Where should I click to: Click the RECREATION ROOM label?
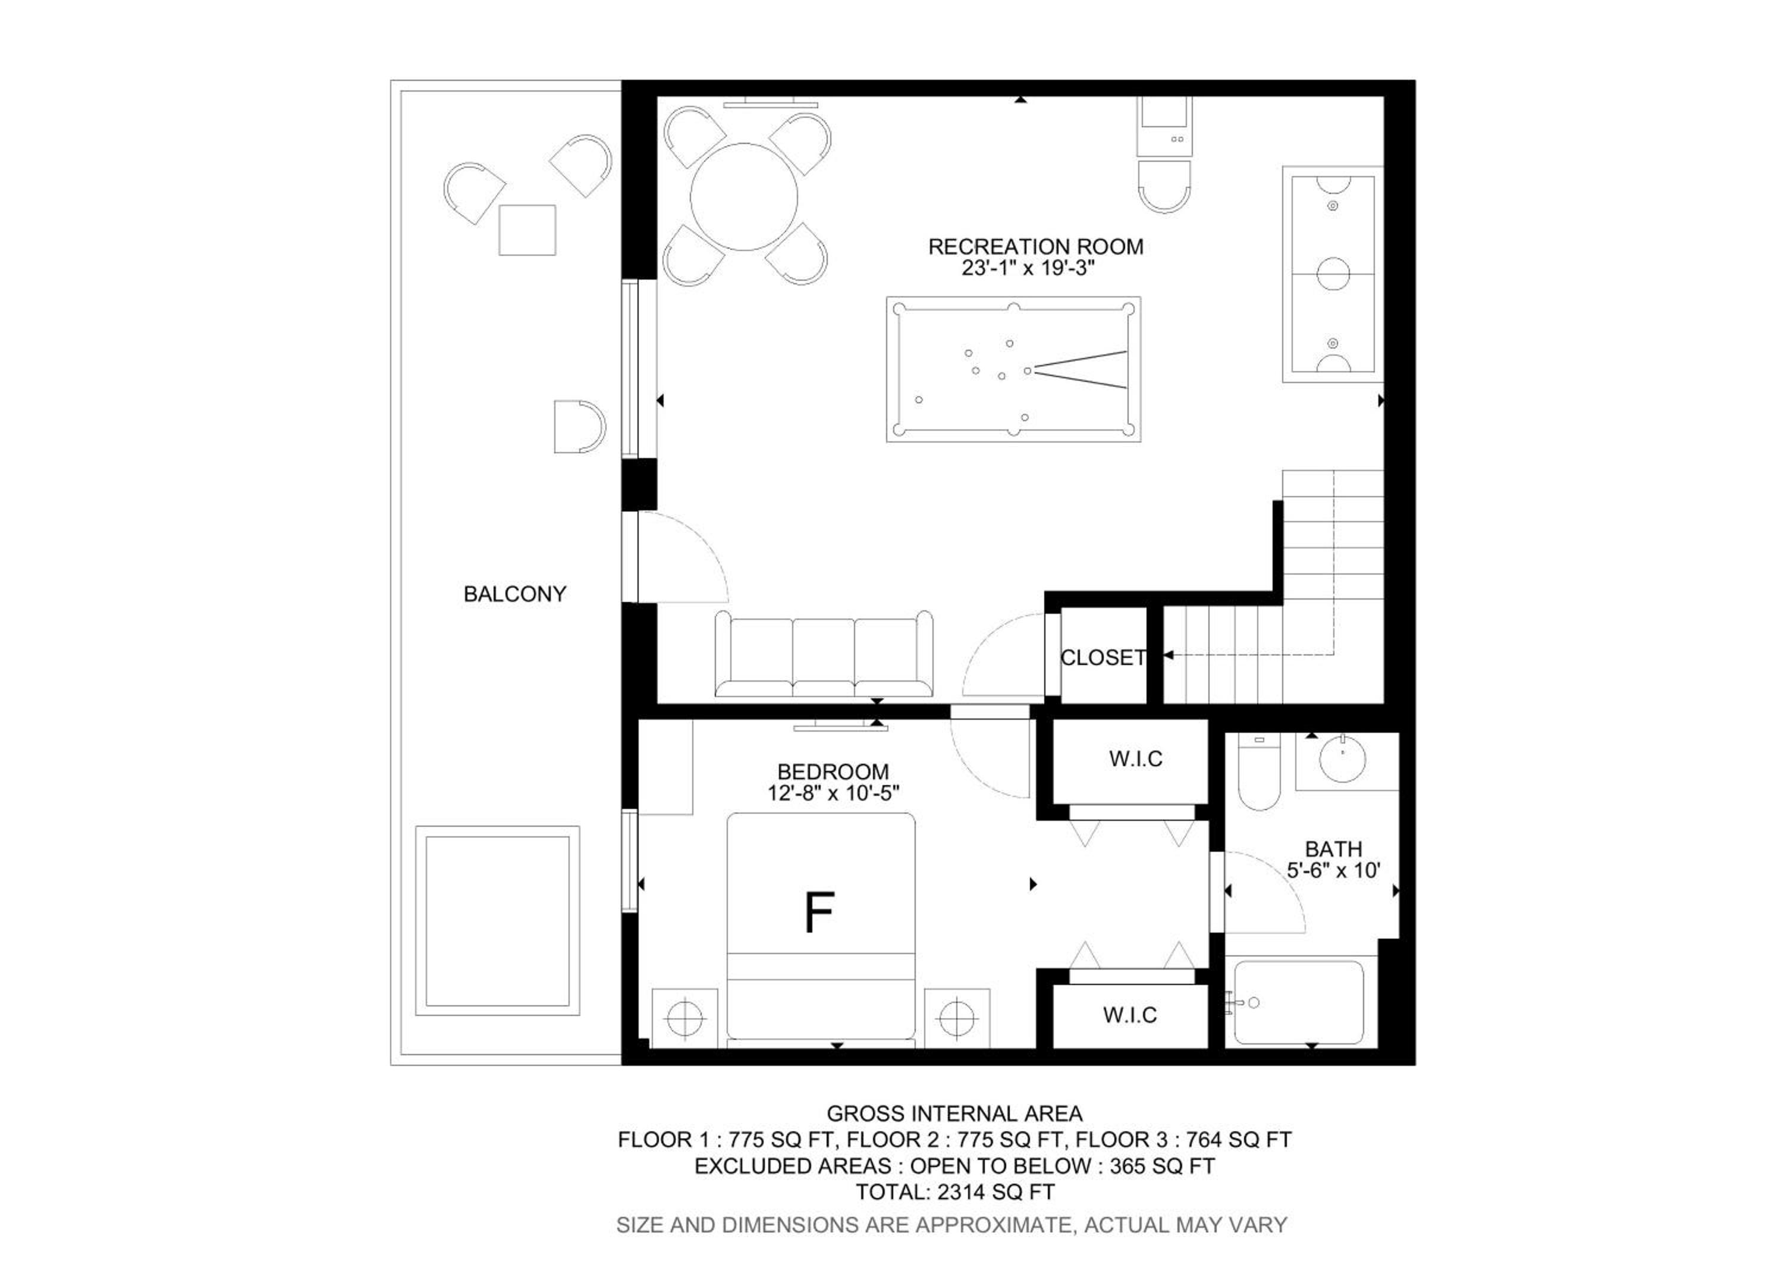(x=1036, y=247)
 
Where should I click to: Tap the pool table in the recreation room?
(x=1013, y=369)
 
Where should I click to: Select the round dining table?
(x=743, y=196)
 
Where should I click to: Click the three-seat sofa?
(x=824, y=654)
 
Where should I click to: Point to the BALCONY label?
(x=514, y=594)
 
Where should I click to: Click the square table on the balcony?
(x=527, y=230)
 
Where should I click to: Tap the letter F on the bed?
(x=819, y=912)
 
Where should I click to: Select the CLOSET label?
(x=1103, y=658)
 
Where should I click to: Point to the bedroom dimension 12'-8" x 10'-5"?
(x=834, y=793)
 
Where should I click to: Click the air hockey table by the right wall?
(x=1333, y=274)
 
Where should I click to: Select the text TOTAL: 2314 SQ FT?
(x=955, y=1192)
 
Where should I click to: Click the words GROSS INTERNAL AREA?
(x=954, y=1113)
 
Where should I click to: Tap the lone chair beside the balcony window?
(x=579, y=426)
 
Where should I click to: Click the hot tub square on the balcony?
(x=497, y=921)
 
